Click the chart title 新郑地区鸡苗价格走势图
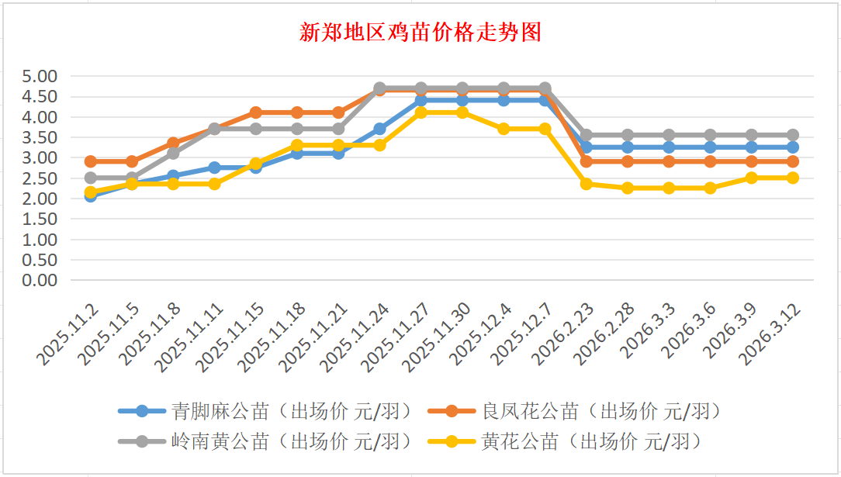click(420, 33)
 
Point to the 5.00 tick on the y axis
click(40, 77)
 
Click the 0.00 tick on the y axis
click(40, 280)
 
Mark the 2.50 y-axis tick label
click(40, 178)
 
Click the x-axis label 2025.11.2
click(71, 334)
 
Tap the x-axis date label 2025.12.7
click(525, 334)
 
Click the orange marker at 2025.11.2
click(91, 161)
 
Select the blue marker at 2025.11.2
click(91, 196)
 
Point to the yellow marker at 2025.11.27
click(421, 112)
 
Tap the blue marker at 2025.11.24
click(380, 129)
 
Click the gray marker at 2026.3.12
click(793, 135)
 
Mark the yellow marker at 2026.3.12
click(793, 178)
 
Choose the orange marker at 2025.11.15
click(256, 112)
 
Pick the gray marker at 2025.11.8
click(173, 153)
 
